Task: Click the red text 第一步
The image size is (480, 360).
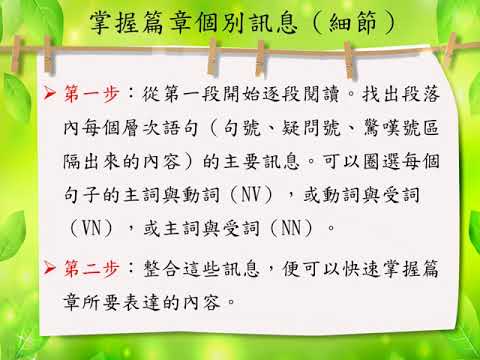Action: (92, 94)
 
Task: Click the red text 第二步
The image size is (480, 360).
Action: (92, 268)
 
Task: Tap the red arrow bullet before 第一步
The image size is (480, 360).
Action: (50, 93)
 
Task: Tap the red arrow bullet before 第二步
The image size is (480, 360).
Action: (50, 268)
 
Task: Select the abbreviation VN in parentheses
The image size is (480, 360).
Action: (91, 229)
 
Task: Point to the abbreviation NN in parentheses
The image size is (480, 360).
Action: (291, 229)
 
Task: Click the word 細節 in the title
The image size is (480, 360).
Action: (353, 23)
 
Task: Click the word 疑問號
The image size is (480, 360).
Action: (312, 128)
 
